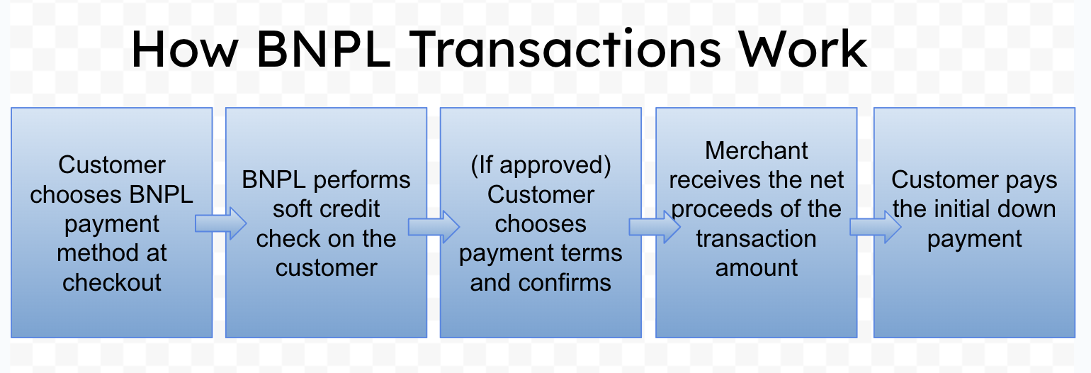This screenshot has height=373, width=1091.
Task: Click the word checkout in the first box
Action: pos(112,282)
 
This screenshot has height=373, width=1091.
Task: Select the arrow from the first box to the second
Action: pos(220,224)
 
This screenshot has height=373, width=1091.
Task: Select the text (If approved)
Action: pos(541,165)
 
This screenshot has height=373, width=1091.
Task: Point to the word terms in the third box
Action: pos(590,253)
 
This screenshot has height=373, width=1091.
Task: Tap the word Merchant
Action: pos(757,150)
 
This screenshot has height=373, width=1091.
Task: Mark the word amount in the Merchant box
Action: pos(757,267)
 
